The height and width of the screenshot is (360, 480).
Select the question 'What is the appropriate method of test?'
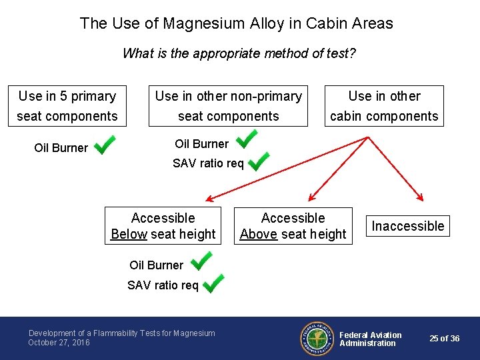[239, 53]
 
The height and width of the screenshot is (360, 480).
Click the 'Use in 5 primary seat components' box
[67, 106]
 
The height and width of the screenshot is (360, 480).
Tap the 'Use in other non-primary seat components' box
[228, 106]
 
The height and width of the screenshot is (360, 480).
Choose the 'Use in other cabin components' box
[384, 106]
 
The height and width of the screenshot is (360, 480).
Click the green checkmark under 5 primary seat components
[105, 145]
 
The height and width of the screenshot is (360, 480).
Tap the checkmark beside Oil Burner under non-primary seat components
[247, 139]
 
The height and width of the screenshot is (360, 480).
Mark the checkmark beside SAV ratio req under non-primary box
[258, 161]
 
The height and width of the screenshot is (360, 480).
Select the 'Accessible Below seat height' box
[163, 226]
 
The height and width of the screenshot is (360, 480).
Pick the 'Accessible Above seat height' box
[293, 226]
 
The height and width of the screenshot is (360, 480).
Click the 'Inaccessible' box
[407, 226]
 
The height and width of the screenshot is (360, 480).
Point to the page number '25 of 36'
[444, 339]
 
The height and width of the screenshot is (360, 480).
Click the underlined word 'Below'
[129, 234]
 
